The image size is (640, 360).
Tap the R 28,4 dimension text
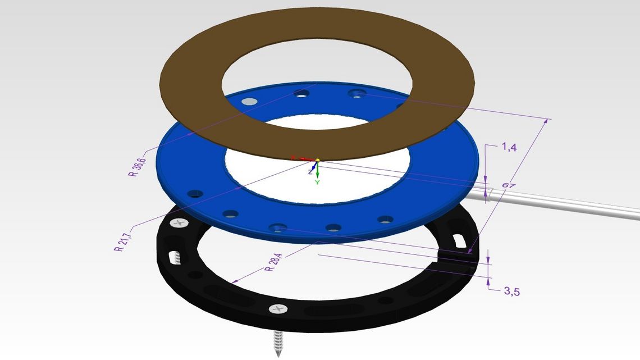coord(273,262)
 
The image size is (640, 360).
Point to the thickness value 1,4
coord(509,147)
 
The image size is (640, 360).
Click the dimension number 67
coord(509,186)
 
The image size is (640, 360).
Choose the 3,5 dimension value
coord(512,291)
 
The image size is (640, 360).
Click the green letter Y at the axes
coord(317,183)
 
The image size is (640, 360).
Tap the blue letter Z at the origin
coord(310,172)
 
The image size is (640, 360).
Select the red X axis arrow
coord(303,159)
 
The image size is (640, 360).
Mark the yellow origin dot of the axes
coord(318,161)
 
